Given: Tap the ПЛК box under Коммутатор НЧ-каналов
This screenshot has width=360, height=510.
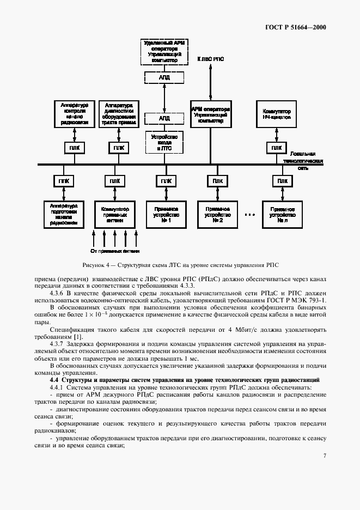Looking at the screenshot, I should pyautogui.click(x=277, y=148).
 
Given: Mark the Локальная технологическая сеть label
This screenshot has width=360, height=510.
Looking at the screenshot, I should pyautogui.click(x=307, y=161).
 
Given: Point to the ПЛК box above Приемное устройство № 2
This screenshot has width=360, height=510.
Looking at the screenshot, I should pyautogui.click(x=217, y=181).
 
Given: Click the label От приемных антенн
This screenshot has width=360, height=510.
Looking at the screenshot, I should pyautogui.click(x=115, y=251).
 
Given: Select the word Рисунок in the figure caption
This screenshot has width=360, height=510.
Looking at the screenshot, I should pyautogui.click(x=94, y=265).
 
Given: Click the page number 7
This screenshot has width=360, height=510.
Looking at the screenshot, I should pyautogui.click(x=325, y=456).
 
